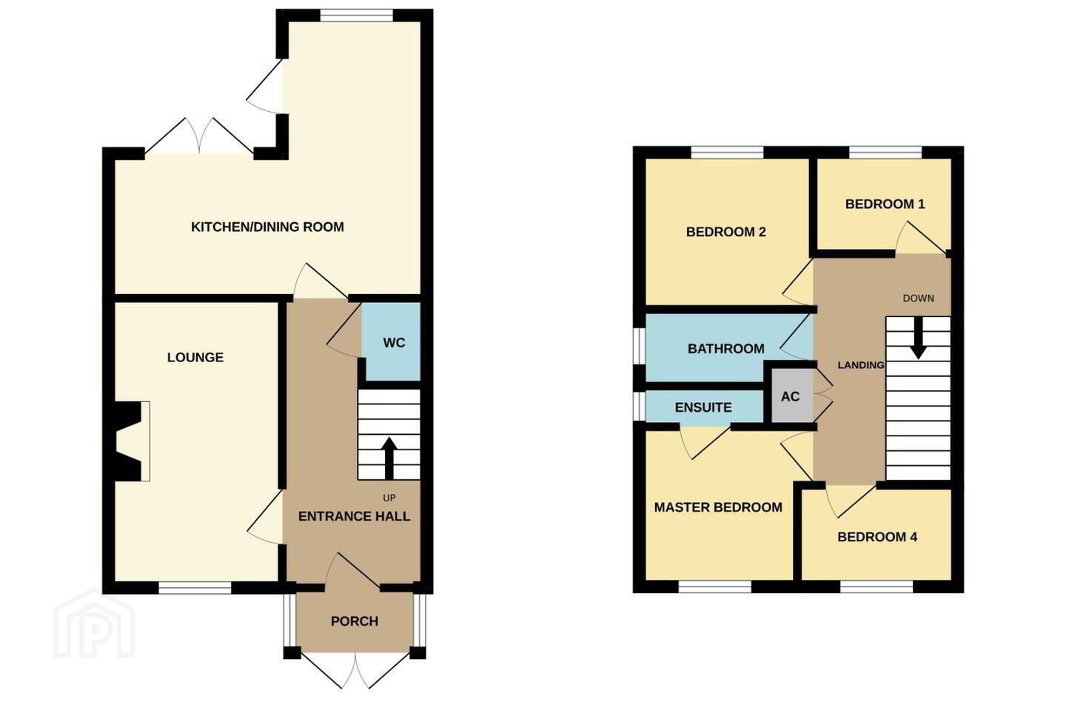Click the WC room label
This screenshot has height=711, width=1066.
tap(394, 343)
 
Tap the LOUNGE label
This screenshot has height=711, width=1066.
tap(195, 357)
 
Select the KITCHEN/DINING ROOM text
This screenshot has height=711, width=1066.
tap(267, 227)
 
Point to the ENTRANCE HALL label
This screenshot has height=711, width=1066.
tap(354, 516)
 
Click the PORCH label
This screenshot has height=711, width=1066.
tap(355, 621)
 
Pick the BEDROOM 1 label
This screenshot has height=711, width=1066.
tap(885, 204)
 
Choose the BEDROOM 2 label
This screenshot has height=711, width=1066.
tap(725, 232)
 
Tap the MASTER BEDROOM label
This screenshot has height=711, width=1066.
tap(718, 507)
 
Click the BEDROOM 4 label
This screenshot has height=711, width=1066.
tap(877, 537)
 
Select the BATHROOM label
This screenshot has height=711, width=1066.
tap(726, 349)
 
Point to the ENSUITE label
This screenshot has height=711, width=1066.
tap(703, 407)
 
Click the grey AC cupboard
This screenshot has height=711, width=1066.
tap(791, 396)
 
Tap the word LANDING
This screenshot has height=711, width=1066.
tap(861, 365)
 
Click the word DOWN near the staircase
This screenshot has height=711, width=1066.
tap(919, 298)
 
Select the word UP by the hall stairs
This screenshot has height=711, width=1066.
tap(389, 498)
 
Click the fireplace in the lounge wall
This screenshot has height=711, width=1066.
tap(127, 441)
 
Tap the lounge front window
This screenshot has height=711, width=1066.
tap(195, 587)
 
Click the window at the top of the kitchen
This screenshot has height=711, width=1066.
tap(357, 16)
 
